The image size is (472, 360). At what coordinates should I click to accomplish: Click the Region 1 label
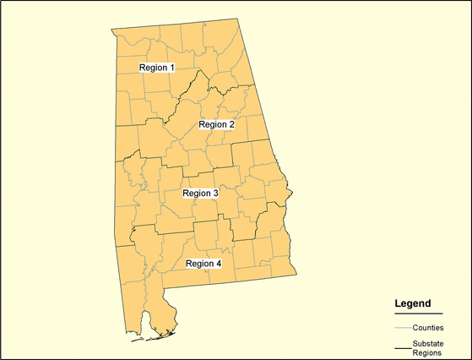point(157,67)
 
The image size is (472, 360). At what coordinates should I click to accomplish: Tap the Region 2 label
point(217,124)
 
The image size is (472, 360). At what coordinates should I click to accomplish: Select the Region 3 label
point(201,194)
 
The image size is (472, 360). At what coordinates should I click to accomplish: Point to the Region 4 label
point(203,264)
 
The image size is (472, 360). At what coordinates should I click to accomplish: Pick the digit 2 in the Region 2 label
point(231,124)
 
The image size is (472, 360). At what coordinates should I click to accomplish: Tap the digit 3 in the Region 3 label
point(215,194)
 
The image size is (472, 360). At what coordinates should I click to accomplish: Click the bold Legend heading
point(413,303)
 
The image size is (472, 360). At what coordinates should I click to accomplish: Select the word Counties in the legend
point(428,327)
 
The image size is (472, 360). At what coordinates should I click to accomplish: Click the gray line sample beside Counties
point(402,327)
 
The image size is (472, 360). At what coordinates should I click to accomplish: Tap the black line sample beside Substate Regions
point(402,347)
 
